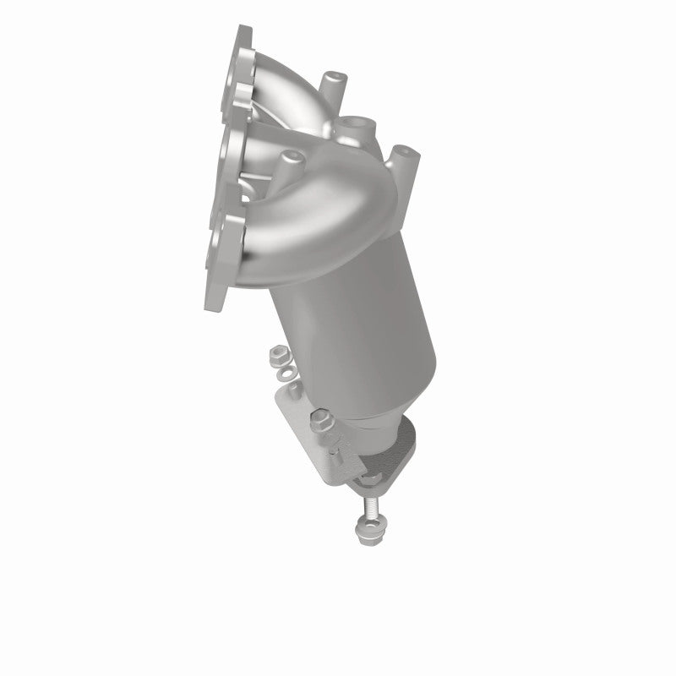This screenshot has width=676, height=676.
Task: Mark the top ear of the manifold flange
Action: (x=243, y=38)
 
